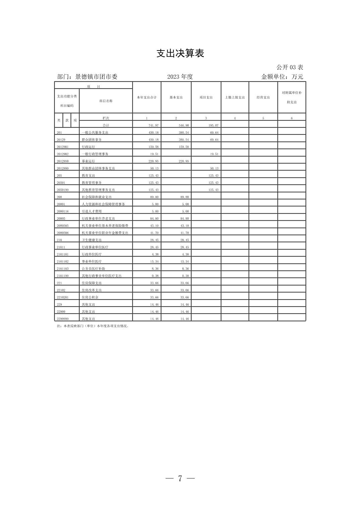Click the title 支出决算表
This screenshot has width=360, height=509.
click(x=180, y=53)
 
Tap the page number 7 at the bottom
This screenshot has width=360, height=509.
click(x=180, y=479)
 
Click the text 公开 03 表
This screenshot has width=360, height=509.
click(x=290, y=67)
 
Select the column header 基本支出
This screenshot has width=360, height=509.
click(x=176, y=97)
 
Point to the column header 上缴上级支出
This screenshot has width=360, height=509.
click(x=235, y=97)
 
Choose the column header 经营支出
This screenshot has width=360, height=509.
click(x=263, y=97)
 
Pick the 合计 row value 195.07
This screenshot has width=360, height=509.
click(x=214, y=125)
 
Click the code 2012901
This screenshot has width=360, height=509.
click(x=63, y=147)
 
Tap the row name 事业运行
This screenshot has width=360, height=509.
click(x=88, y=161)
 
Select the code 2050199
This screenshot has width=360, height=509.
click(x=63, y=190)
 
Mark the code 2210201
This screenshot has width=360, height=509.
click(x=63, y=297)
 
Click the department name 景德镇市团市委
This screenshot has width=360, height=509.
click(x=97, y=77)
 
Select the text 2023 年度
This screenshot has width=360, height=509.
click(x=180, y=77)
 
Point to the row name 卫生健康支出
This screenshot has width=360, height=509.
click(x=92, y=240)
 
